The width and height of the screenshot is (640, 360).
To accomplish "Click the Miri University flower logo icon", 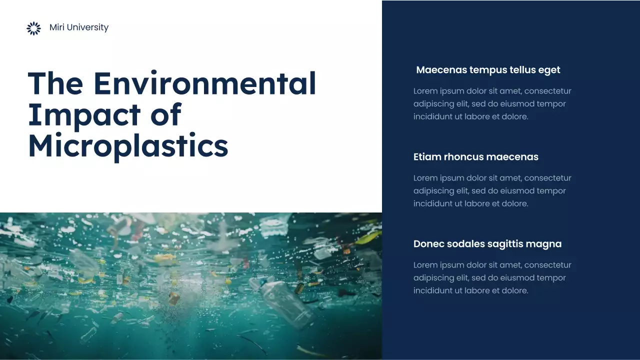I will click(33, 28).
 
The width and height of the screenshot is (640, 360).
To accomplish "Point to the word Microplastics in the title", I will click(128, 146).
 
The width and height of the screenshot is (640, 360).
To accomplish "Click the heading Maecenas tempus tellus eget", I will click(488, 70).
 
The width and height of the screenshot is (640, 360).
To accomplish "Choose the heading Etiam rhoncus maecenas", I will click(475, 157).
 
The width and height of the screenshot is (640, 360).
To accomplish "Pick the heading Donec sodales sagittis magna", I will click(487, 244).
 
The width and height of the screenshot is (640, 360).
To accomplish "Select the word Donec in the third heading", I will click(428, 244).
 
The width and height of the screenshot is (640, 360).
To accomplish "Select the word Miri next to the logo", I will click(57, 27).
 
